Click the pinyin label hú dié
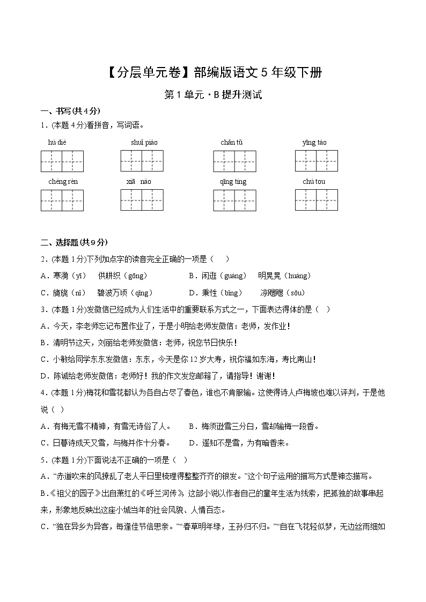click(x=57, y=142)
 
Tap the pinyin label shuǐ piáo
click(x=144, y=142)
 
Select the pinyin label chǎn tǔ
click(x=231, y=142)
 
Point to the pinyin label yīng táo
click(x=314, y=142)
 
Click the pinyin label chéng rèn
click(x=63, y=181)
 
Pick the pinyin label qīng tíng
click(x=233, y=181)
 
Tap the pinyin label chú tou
click(x=314, y=181)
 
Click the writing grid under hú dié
click(x=62, y=161)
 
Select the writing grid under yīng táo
click(x=316, y=161)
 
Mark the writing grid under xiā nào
click(x=142, y=200)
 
